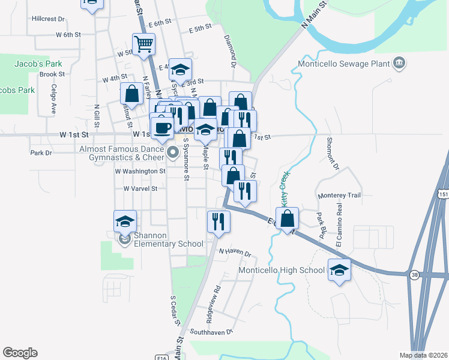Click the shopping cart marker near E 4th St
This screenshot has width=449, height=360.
(x=144, y=44)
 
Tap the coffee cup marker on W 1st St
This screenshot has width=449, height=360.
(x=161, y=128)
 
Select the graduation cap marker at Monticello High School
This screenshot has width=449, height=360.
(x=339, y=269)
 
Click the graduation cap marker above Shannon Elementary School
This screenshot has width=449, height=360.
(x=125, y=221)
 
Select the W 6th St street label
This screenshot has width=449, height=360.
(x=65, y=34)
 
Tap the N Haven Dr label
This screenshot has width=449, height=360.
(x=234, y=252)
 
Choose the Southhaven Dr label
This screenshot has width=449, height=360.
(x=211, y=331)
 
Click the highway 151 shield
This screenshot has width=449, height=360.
(x=443, y=194)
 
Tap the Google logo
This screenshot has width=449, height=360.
(x=20, y=353)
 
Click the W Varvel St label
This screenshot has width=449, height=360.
(x=140, y=188)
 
